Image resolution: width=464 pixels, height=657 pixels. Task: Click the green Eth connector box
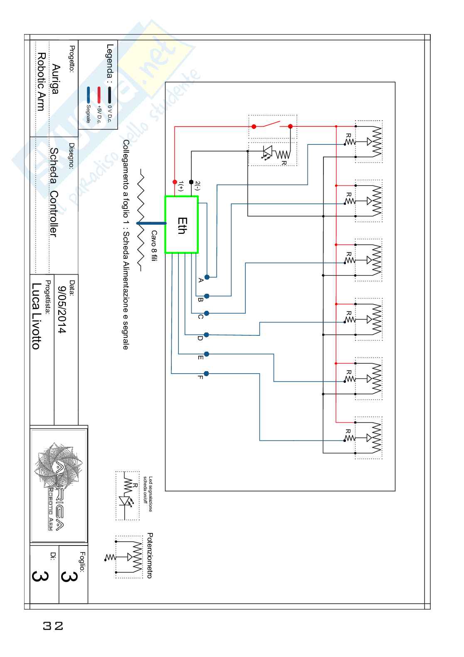coord(182,225)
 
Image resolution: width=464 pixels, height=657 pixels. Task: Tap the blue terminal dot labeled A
coord(207,277)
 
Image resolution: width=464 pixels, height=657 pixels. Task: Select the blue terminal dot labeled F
coord(207,374)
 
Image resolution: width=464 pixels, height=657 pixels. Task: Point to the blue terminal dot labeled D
coord(207,335)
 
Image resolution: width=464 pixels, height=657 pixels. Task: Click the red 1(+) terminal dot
coord(175,182)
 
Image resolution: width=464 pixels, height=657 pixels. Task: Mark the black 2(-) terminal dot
coord(191,182)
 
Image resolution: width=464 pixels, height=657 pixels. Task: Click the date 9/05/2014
coord(62,310)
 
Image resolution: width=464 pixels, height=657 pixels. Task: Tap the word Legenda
coord(110,61)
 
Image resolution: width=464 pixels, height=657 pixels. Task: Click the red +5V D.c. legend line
coord(99,95)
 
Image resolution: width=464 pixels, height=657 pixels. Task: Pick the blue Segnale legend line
coord(89,95)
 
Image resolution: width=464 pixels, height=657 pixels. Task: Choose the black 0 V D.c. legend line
coord(109,95)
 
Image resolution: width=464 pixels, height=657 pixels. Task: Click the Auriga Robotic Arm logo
coord(59,486)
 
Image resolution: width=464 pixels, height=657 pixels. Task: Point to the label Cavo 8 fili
coord(154,246)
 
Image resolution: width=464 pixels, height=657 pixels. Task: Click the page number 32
coord(53,626)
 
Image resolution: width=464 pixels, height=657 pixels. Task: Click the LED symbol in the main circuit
coord(267,151)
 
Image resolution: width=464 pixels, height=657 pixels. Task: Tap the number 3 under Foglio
coord(69,576)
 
